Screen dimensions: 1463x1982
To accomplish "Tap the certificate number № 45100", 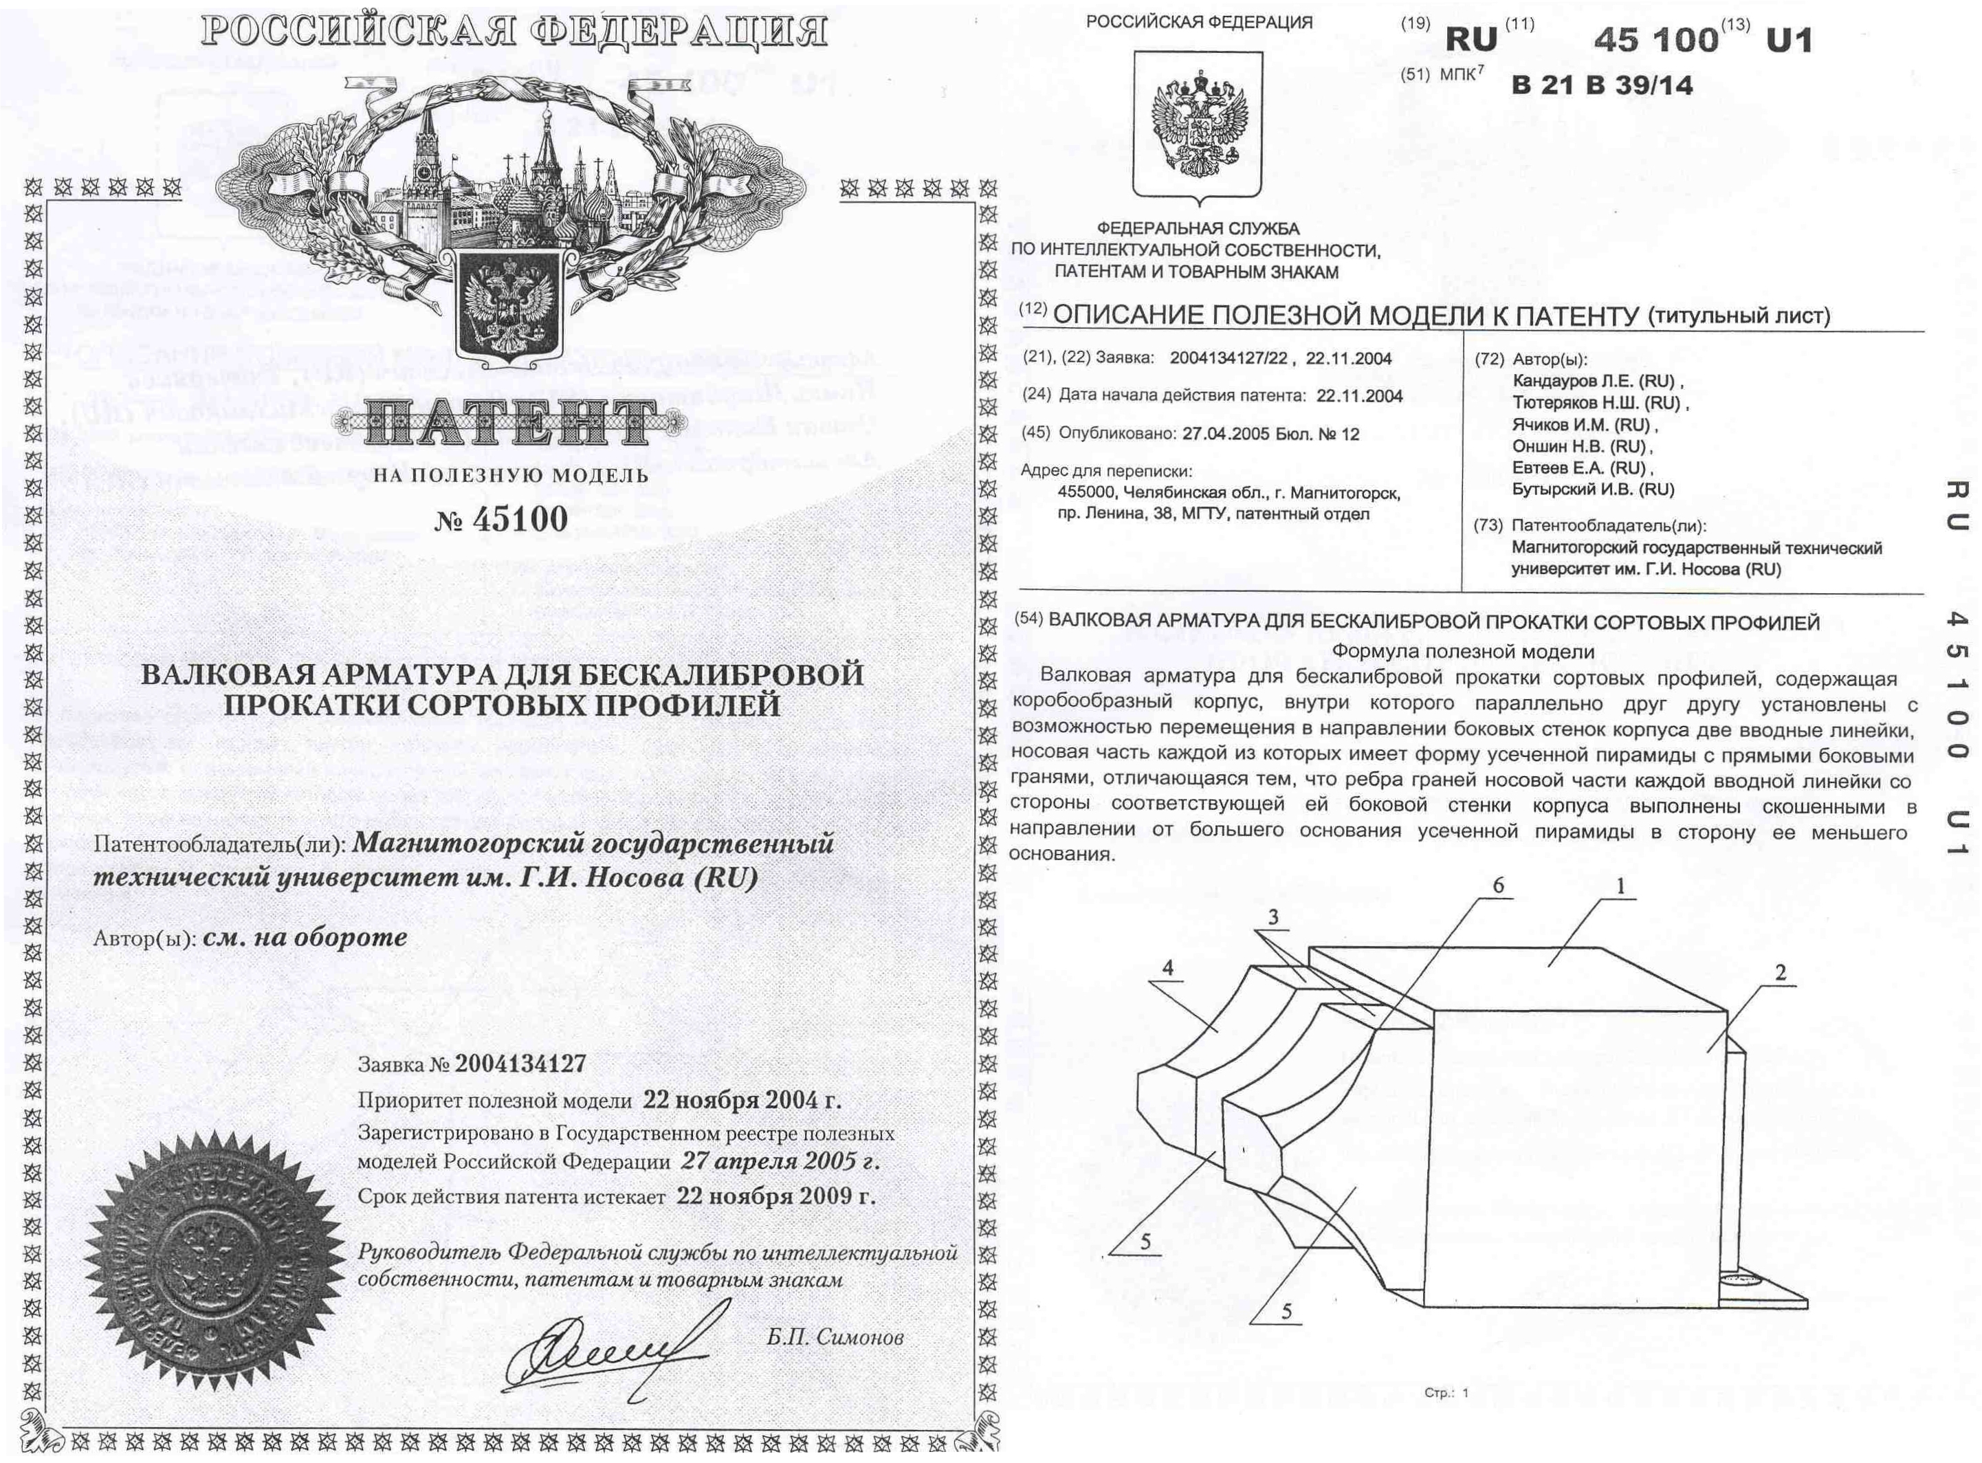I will pos(501,519).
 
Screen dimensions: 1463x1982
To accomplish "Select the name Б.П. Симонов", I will pos(835,1336).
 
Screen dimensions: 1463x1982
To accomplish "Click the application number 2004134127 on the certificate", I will pos(520,1064).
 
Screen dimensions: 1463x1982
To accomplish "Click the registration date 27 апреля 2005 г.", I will pos(780,1161).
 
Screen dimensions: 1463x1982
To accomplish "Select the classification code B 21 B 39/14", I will pos(1602,86).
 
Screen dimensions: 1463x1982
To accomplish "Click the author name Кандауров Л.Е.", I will pos(1593,382).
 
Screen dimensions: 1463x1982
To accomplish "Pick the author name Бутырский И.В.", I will pos(1593,489).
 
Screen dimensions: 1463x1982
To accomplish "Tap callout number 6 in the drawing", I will pos(1499,886).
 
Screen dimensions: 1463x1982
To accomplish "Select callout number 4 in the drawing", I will pos(1168,968).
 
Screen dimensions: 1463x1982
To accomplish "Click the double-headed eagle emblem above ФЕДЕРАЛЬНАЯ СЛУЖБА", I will pos(1198,124).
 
